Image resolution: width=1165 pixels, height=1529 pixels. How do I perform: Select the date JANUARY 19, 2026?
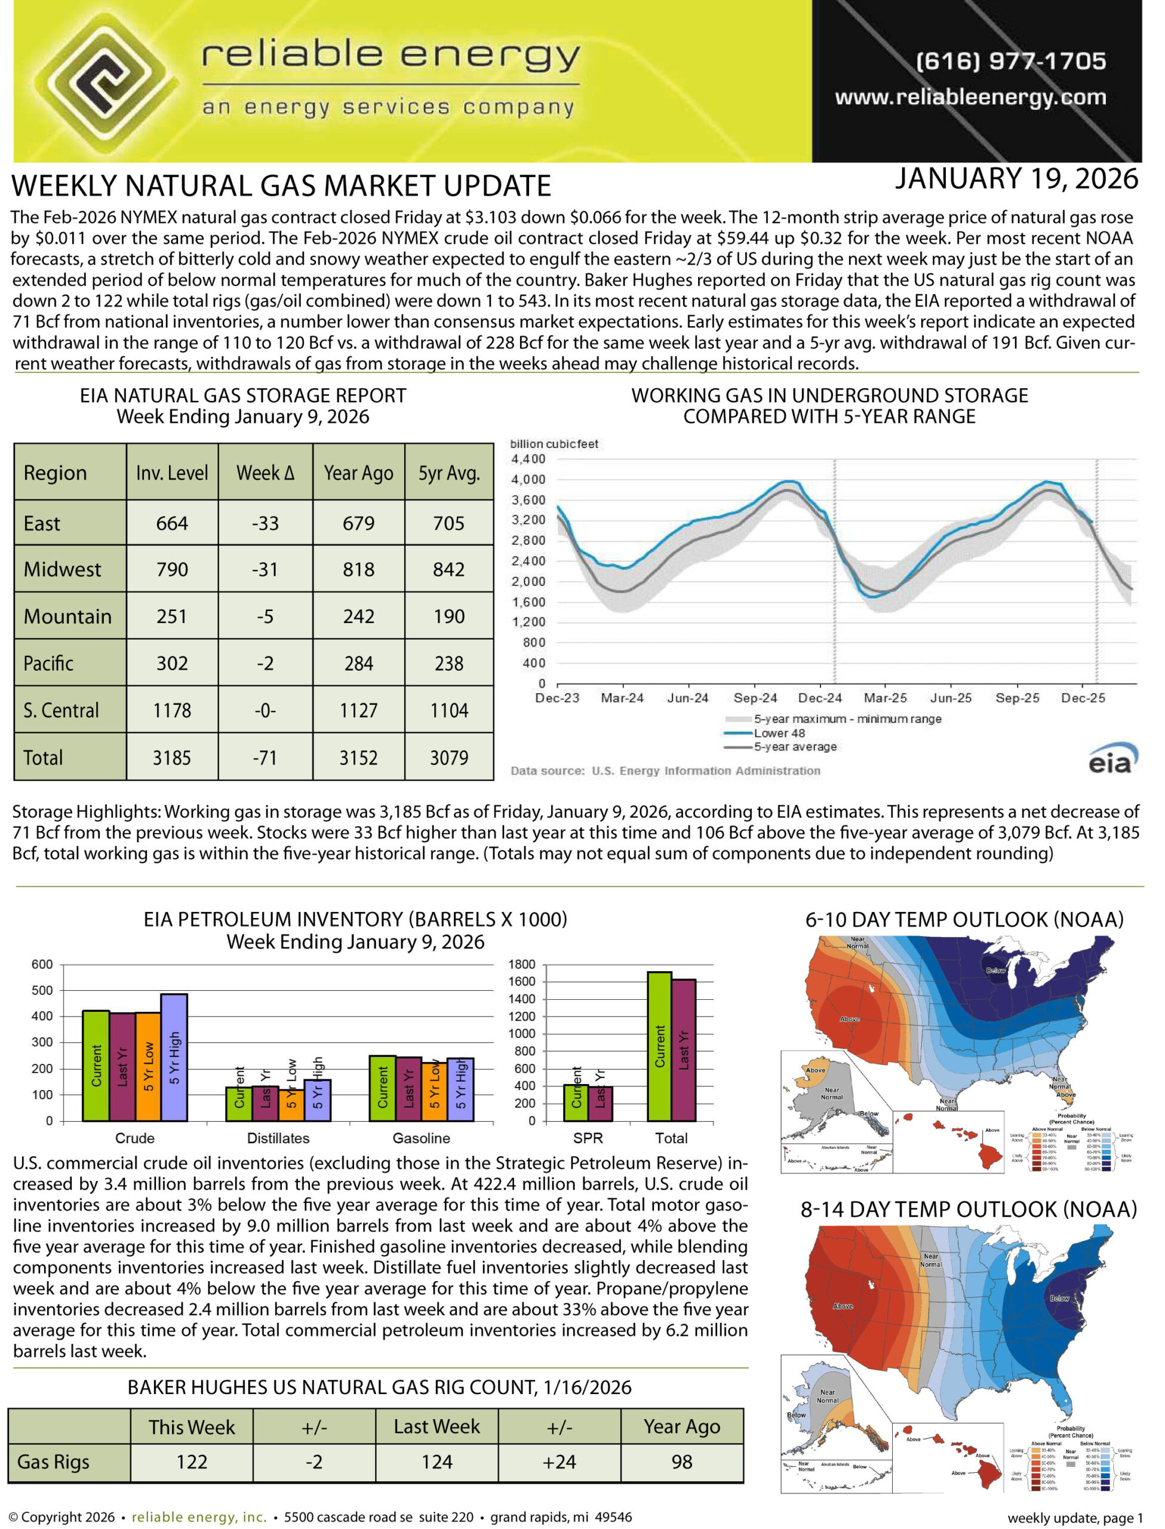click(x=1016, y=180)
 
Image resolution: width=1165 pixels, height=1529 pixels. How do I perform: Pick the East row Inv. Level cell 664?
click(x=172, y=524)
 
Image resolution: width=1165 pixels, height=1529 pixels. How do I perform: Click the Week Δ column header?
click(x=265, y=473)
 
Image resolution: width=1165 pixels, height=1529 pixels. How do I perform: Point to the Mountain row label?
click(x=67, y=616)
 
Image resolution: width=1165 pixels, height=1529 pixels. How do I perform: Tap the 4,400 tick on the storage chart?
click(x=528, y=459)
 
